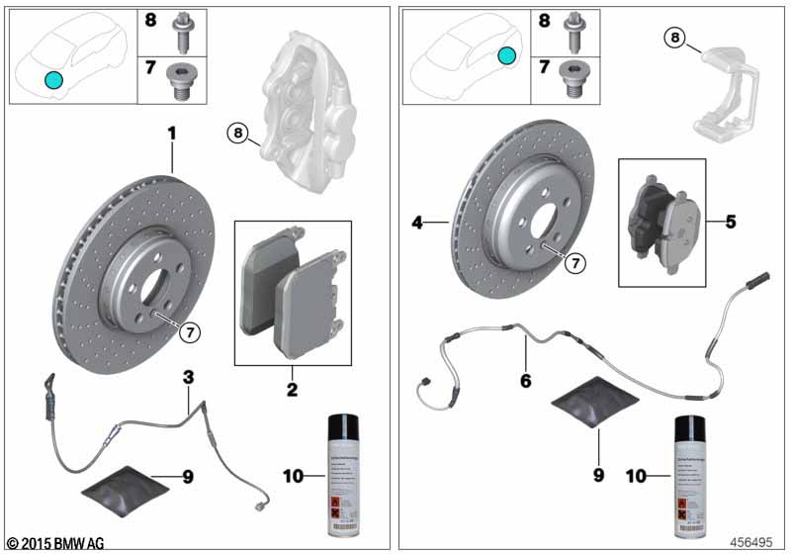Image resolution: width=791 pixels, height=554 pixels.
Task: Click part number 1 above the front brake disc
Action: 172,131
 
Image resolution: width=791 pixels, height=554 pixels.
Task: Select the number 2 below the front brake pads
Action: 293,390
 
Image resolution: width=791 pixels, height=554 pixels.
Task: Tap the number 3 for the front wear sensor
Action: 188,376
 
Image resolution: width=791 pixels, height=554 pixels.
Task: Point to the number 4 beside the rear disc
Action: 418,225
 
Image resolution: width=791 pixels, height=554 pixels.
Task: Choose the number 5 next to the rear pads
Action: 731,222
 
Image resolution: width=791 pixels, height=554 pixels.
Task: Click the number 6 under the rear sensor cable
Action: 525,380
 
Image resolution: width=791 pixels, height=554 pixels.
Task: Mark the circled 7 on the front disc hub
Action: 189,332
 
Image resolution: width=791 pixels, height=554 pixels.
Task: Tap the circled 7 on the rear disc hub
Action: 573,263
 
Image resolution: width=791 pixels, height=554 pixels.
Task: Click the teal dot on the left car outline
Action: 53,79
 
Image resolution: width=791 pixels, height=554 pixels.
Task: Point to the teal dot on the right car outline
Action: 506,56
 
